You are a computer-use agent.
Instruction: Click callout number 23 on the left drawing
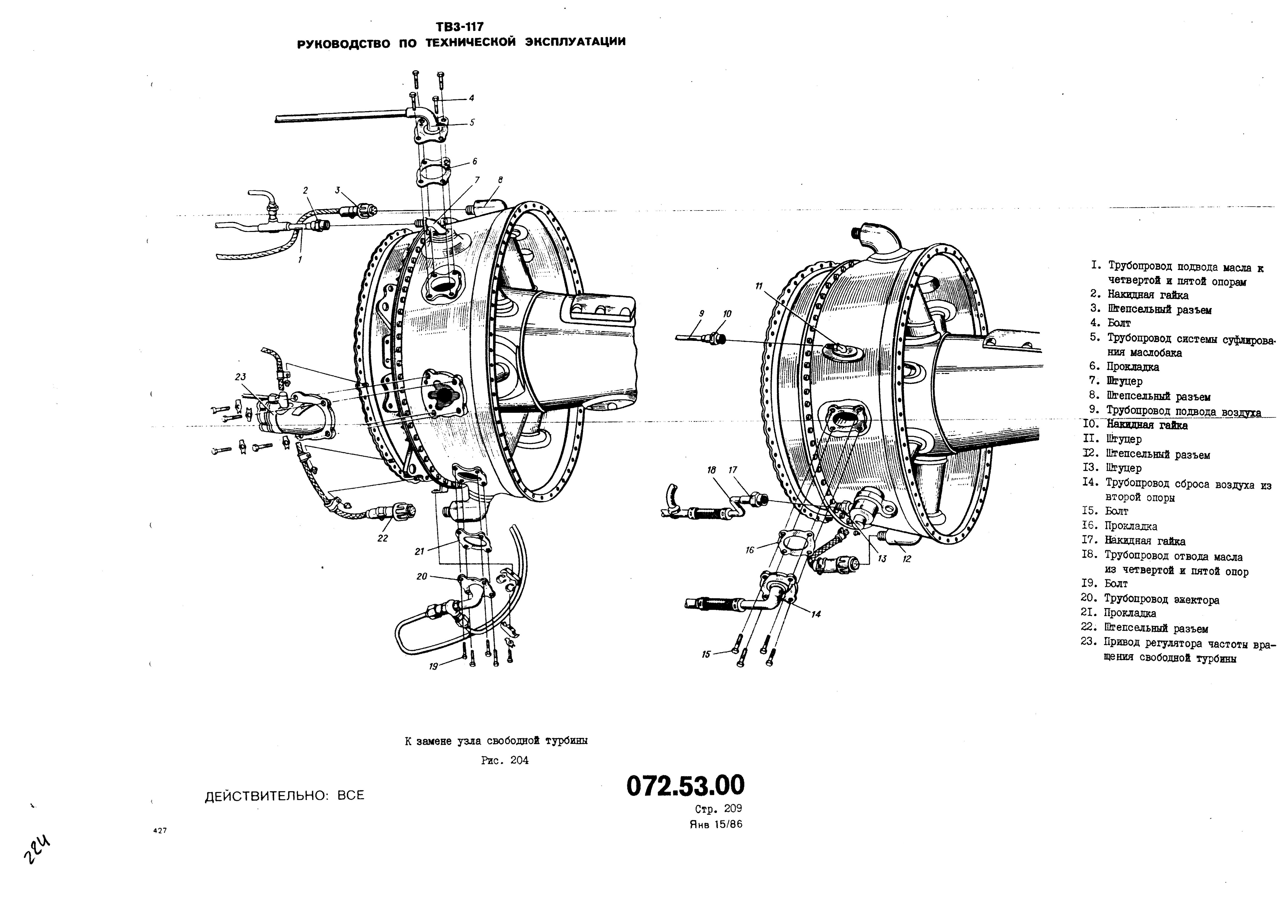240,377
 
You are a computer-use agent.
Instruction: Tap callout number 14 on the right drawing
816,614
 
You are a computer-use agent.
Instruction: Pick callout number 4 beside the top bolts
471,98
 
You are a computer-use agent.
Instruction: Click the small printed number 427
160,831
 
